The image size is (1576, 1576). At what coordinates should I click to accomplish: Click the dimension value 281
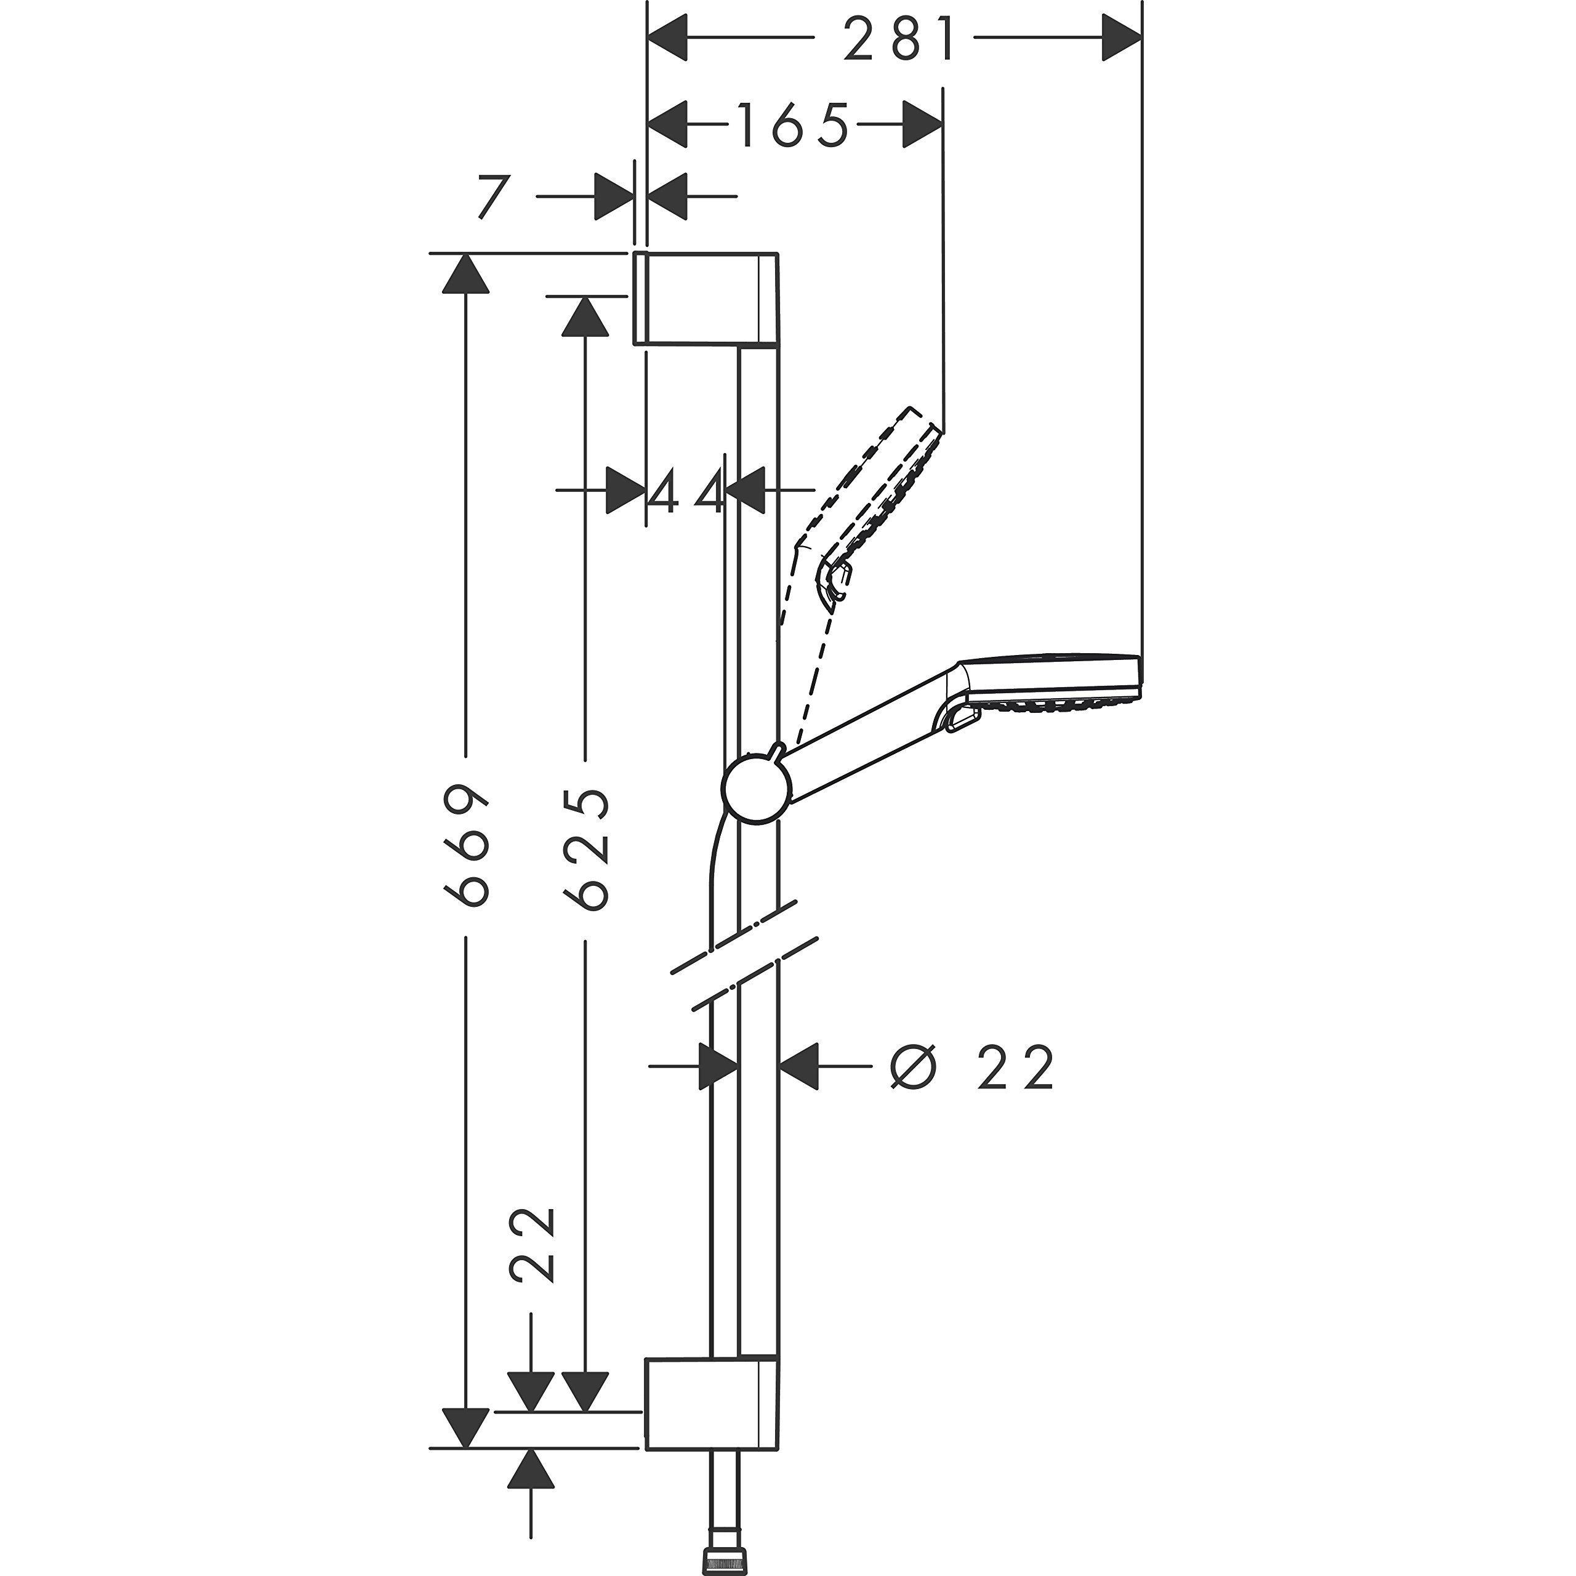[898, 38]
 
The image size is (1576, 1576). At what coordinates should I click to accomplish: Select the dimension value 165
[792, 125]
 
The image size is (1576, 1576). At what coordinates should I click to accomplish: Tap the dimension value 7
[492, 196]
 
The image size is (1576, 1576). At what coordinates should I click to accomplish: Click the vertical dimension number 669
[467, 846]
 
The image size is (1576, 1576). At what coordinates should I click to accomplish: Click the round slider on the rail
[756, 788]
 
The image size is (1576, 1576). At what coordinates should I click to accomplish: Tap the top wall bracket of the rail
[706, 299]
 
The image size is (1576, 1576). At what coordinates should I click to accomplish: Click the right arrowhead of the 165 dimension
[923, 125]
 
